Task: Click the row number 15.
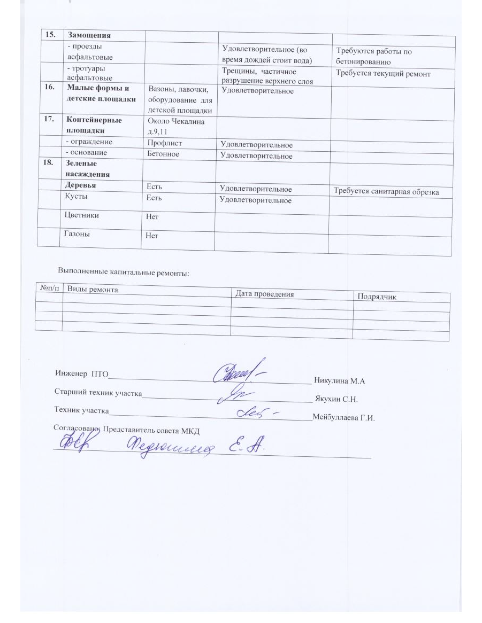coord(51,35)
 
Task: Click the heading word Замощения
coord(88,35)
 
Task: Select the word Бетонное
coord(164,154)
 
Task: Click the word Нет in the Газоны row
coord(154,236)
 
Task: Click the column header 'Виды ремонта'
coord(92,289)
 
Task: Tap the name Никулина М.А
coord(339,381)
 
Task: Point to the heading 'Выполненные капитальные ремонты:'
coord(123,273)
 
